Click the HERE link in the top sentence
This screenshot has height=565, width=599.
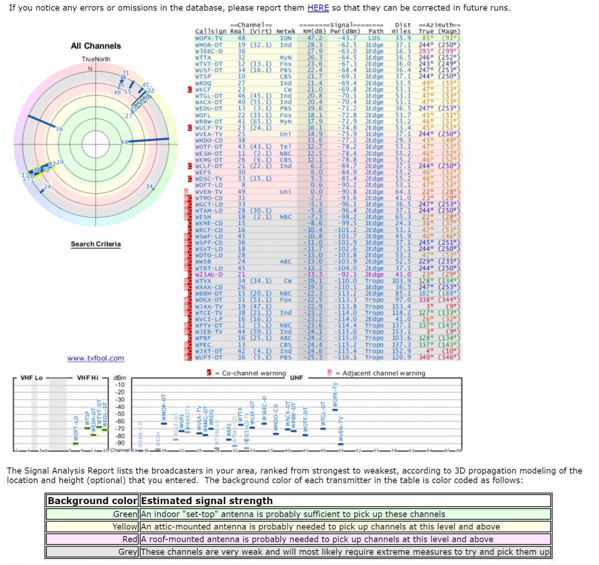[317, 8]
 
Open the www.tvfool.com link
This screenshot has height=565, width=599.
[96, 358]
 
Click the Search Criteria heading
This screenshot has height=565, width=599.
[95, 244]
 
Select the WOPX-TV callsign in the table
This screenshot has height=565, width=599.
[209, 38]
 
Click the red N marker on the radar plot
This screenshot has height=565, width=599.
[90, 69]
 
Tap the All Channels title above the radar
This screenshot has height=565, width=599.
[96, 46]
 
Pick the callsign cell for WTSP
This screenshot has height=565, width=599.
[203, 76]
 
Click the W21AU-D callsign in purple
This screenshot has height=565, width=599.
[209, 274]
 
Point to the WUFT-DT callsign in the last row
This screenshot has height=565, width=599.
[209, 357]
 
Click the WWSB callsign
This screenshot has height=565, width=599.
[203, 261]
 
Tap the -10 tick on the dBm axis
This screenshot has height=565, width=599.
[120, 385]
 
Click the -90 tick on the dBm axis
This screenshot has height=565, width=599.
[120, 443]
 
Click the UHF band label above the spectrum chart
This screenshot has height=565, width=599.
[297, 377]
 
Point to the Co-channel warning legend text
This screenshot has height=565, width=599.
[254, 373]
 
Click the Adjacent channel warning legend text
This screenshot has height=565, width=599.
[380, 373]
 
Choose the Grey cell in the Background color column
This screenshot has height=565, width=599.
[128, 552]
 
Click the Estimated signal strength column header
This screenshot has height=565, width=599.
[207, 501]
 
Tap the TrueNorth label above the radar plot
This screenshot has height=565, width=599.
[96, 59]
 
